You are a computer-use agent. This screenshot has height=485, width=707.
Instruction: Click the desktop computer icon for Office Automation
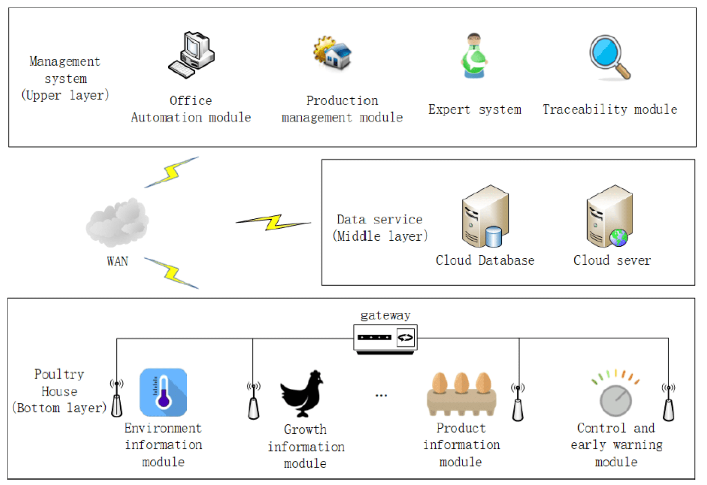192,55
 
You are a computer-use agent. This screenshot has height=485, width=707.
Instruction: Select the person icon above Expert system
474,56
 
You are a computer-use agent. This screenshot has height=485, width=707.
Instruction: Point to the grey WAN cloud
117,223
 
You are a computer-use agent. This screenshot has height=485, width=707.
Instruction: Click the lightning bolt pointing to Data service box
273,222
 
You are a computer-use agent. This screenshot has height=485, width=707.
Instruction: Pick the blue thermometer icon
163,392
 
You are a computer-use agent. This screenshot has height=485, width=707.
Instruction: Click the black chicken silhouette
302,393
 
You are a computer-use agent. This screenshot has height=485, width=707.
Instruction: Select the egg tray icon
462,394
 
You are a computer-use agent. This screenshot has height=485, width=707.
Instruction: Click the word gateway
385,315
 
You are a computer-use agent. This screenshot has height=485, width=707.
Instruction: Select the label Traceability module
610,110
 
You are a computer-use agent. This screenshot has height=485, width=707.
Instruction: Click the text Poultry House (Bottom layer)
59,391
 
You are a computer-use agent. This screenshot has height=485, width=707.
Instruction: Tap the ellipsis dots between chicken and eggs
381,395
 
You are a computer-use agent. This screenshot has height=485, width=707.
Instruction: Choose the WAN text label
117,261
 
